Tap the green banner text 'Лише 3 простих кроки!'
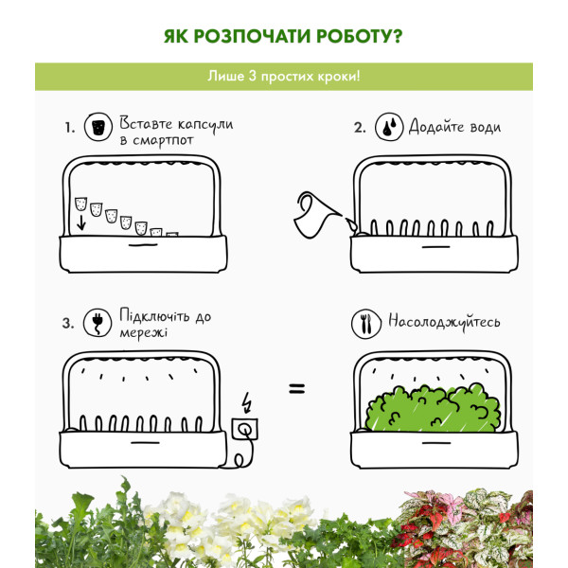[284, 77]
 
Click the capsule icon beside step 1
[98, 127]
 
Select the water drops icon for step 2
[389, 127]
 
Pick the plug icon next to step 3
[98, 323]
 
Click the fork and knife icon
[365, 324]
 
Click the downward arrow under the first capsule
[81, 222]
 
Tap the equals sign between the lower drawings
[296, 389]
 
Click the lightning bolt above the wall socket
[247, 402]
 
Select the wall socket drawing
[245, 430]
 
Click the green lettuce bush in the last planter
[433, 408]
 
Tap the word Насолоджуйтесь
[444, 322]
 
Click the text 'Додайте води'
[455, 127]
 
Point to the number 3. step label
[68, 323]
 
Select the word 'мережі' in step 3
[144, 332]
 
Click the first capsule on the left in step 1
[80, 204]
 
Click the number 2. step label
[360, 127]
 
